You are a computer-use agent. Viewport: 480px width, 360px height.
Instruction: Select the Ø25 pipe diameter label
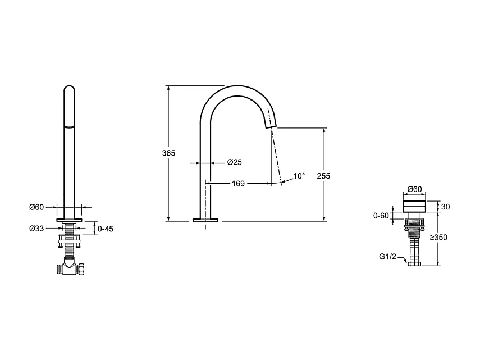coord(234,163)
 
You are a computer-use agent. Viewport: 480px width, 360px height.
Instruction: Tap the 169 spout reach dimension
coord(238,183)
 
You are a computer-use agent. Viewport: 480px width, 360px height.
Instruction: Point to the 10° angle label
coord(299,176)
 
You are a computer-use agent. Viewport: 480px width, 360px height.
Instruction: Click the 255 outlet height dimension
coord(323,175)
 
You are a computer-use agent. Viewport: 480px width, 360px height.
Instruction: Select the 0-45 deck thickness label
coord(105,229)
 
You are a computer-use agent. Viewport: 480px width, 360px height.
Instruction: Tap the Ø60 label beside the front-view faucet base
coord(36,207)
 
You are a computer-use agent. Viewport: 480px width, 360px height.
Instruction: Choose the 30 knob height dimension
coord(446,207)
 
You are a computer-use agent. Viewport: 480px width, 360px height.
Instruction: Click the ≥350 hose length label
coord(438,238)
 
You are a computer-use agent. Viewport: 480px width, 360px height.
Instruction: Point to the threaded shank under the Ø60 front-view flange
coord(69,229)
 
